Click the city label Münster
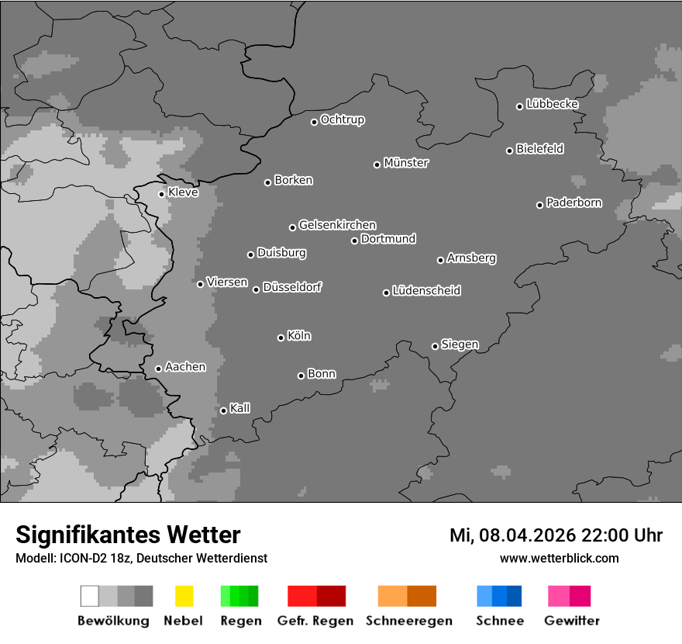point(406,163)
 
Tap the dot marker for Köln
point(281,338)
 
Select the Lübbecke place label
point(552,104)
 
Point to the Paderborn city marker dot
point(539,205)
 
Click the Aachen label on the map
point(185,367)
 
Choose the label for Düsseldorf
point(292,287)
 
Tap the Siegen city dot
point(435,346)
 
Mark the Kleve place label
point(183,192)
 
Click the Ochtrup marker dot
point(314,122)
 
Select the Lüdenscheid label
point(426,291)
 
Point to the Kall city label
point(239,408)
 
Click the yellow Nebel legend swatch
point(184,596)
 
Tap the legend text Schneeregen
point(408,621)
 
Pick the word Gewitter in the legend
point(572,621)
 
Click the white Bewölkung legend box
point(90,596)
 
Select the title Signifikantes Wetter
point(128,535)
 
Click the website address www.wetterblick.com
point(559,558)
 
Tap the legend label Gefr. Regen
point(315,621)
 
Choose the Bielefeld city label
point(539,149)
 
